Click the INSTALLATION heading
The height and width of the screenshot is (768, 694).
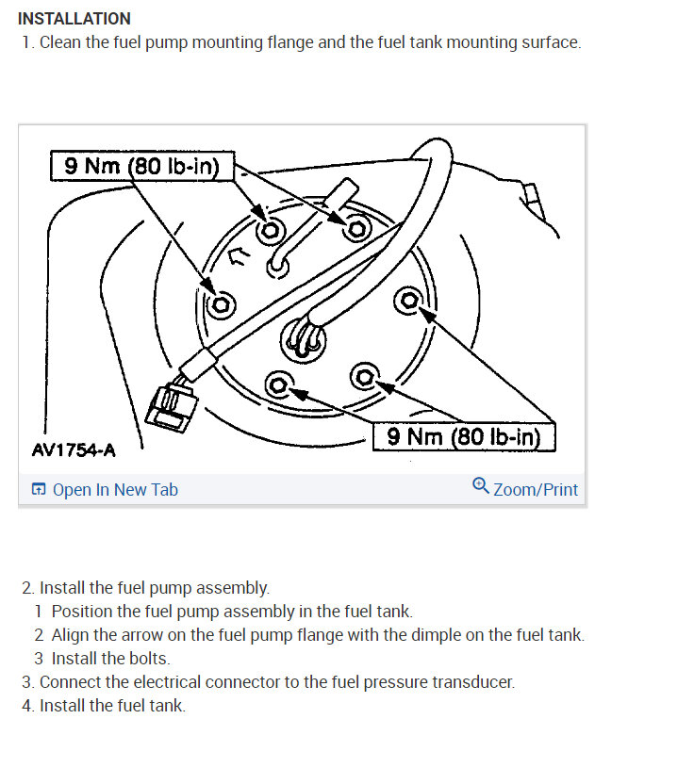pyautogui.click(x=74, y=19)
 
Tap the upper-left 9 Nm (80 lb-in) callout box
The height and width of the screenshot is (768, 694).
pyautogui.click(x=140, y=167)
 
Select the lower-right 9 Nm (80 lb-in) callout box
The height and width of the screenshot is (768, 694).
pyautogui.click(x=464, y=436)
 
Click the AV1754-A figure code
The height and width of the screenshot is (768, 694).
pyautogui.click(x=74, y=449)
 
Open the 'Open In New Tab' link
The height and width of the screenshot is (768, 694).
pyautogui.click(x=115, y=489)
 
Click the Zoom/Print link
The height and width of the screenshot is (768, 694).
pyautogui.click(x=536, y=489)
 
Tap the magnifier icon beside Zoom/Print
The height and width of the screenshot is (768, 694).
pyautogui.click(x=481, y=486)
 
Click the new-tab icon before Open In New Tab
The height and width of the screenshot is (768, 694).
pyautogui.click(x=39, y=489)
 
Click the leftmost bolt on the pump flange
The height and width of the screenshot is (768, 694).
pyautogui.click(x=223, y=304)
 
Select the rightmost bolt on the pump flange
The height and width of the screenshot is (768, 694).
pyautogui.click(x=409, y=302)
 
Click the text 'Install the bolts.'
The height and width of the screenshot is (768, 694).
pyautogui.click(x=110, y=658)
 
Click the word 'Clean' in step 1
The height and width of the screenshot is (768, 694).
pyautogui.click(x=61, y=42)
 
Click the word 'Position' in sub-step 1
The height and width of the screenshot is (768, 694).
pyautogui.click(x=82, y=611)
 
